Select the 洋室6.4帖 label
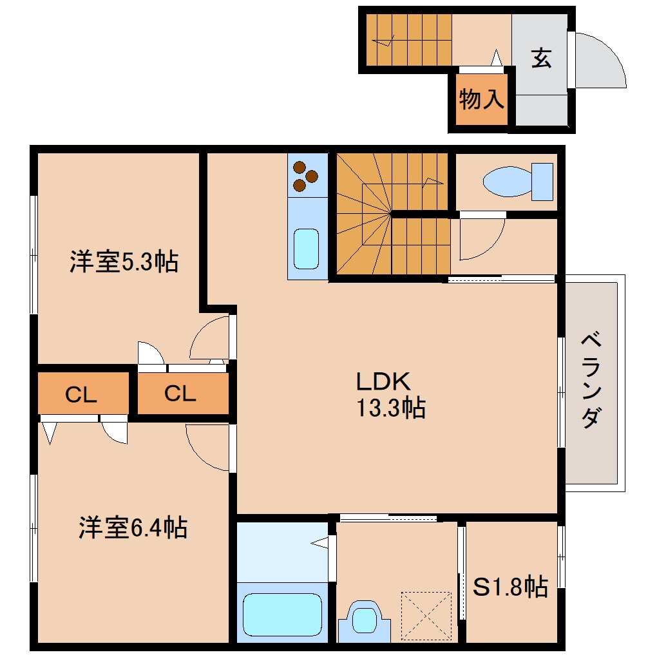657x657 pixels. [133, 528]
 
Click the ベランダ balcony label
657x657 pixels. [591, 380]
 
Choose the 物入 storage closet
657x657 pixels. [481, 99]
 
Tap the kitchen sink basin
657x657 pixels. [306, 249]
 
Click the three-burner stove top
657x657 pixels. [306, 175]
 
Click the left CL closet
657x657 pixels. [82, 394]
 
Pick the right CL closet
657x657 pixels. [180, 393]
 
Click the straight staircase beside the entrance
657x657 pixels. [409, 39]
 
